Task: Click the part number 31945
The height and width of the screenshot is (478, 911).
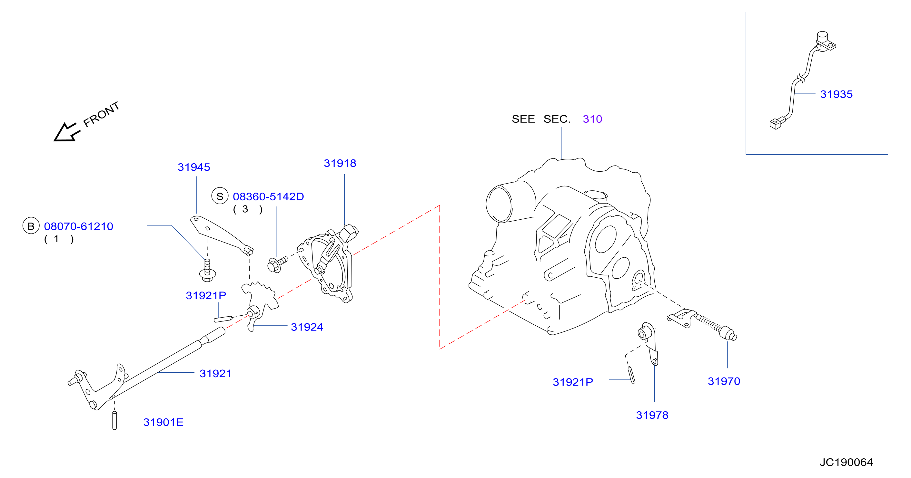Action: (x=194, y=167)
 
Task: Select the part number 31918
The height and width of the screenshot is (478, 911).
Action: (x=340, y=163)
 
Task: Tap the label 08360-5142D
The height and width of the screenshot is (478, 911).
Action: (x=268, y=197)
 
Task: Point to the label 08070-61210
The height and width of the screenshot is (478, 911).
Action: (x=78, y=226)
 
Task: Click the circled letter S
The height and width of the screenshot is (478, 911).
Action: (x=220, y=196)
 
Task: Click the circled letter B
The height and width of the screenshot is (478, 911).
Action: (x=31, y=226)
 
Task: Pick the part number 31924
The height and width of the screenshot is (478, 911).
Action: (x=307, y=327)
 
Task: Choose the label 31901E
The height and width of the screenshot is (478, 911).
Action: (x=163, y=423)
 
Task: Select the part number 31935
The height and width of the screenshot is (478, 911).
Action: (x=837, y=94)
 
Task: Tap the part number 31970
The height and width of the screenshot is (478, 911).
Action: (x=724, y=381)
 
